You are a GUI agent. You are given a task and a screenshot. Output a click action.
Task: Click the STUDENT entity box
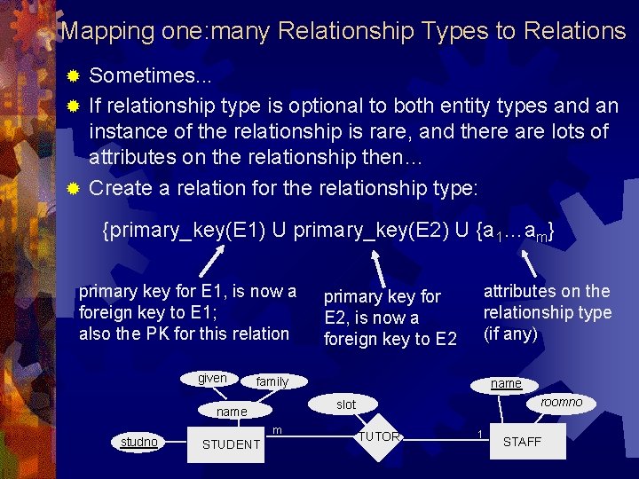(x=231, y=444)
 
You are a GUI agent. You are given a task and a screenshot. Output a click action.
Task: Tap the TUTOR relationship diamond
(x=379, y=436)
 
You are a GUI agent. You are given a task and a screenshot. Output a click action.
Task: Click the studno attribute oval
(x=139, y=442)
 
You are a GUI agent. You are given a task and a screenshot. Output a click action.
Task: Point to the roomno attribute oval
(x=561, y=403)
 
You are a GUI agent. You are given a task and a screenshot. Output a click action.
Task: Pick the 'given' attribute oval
(x=212, y=379)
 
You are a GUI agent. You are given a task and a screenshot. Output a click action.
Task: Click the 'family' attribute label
(x=272, y=381)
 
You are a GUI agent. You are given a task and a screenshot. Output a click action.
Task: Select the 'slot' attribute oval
(x=346, y=404)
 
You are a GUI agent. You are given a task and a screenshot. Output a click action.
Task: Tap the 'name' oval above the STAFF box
(x=507, y=383)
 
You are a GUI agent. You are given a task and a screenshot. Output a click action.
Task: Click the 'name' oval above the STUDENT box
(x=232, y=412)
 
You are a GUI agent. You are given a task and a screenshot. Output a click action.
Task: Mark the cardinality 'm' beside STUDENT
(x=277, y=430)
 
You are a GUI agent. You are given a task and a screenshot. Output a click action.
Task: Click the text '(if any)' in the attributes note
(x=510, y=334)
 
